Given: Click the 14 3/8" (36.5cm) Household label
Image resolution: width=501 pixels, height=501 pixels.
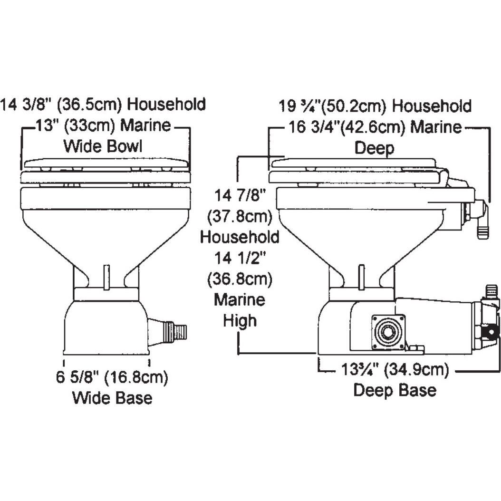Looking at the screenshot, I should pos(103,104).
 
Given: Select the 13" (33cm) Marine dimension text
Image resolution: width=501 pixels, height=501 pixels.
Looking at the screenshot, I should pos(103,126).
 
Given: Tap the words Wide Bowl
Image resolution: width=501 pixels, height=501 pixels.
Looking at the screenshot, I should pos(103,146).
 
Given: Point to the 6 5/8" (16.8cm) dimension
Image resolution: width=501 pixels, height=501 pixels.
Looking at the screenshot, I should pos(112,378).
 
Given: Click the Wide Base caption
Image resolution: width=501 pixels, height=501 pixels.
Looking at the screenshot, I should pos(112,397).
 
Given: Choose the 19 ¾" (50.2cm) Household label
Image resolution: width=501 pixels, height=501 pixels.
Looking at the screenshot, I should pos(375,106).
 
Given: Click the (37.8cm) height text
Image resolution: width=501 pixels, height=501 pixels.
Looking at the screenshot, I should pos(240,216).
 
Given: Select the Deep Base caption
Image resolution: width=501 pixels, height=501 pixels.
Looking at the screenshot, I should pos(395,390).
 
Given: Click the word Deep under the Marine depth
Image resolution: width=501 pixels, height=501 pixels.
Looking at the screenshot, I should pos(375,148).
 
